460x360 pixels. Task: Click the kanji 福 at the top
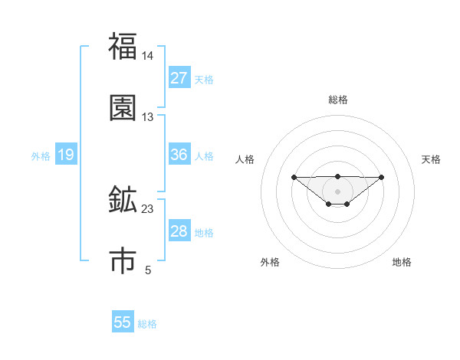(123, 47)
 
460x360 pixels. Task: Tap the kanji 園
(123, 108)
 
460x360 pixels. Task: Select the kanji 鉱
(123, 200)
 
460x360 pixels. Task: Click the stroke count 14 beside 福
(148, 56)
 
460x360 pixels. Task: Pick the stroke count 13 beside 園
(148, 117)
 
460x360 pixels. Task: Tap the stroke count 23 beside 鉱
(148, 208)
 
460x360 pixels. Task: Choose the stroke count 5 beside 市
(148, 270)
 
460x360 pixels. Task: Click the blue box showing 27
(179, 78)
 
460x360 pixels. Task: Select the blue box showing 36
(179, 155)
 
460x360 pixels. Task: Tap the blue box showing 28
(179, 231)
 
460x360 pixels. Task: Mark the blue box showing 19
(66, 155)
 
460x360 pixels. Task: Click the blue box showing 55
(123, 322)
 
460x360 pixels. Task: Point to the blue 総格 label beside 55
(147, 324)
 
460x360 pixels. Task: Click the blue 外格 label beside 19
(41, 156)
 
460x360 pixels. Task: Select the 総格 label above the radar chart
(338, 100)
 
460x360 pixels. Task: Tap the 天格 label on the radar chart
(432, 159)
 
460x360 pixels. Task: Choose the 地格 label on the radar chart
(402, 262)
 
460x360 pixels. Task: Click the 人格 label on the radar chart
(245, 159)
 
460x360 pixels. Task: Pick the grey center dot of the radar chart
(338, 191)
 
